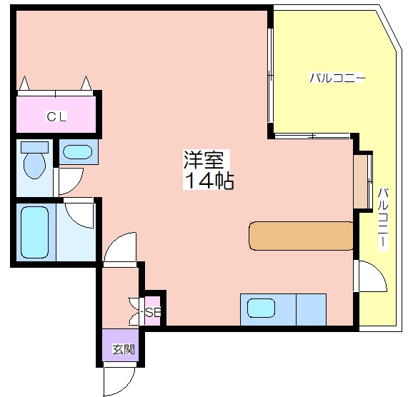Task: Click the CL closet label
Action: [x=56, y=116]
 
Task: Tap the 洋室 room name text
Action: [x=204, y=160]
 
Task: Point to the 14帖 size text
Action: [x=209, y=181]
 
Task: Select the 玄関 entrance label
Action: [x=124, y=349]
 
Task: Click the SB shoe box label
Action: [x=153, y=313]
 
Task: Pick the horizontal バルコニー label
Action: [x=337, y=79]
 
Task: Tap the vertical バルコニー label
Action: [x=383, y=219]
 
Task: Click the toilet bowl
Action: [x=34, y=166]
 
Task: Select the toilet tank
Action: [x=35, y=147]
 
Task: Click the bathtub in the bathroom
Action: [x=35, y=233]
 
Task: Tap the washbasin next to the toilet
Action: [x=78, y=152]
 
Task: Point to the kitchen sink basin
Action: [x=261, y=308]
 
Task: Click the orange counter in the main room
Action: [x=301, y=236]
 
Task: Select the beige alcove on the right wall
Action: [x=360, y=181]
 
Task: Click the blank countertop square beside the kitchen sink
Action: [x=312, y=310]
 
